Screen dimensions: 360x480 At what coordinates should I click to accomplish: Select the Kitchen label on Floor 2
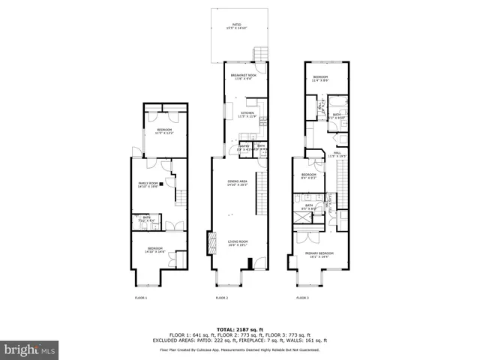pyautogui.click(x=247, y=115)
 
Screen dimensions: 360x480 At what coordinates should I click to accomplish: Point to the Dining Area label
pyautogui.click(x=238, y=183)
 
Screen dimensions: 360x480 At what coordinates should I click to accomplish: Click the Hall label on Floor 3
pyautogui.click(x=338, y=154)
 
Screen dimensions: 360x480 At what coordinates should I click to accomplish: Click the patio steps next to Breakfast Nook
pyautogui.click(x=260, y=54)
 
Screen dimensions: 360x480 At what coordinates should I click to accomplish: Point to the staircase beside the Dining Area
pyautogui.click(x=260, y=191)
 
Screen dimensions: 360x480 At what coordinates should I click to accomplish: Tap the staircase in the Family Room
pyautogui.click(x=179, y=199)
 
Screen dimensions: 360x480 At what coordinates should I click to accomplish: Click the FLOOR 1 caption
pyautogui.click(x=140, y=298)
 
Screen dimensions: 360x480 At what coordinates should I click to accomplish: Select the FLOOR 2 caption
pyautogui.click(x=221, y=298)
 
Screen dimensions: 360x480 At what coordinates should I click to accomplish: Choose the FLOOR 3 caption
pyautogui.click(x=302, y=298)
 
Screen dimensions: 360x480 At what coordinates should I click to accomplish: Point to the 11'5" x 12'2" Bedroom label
pyautogui.click(x=164, y=132)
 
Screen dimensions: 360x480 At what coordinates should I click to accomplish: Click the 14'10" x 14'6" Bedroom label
pyautogui.click(x=155, y=250)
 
